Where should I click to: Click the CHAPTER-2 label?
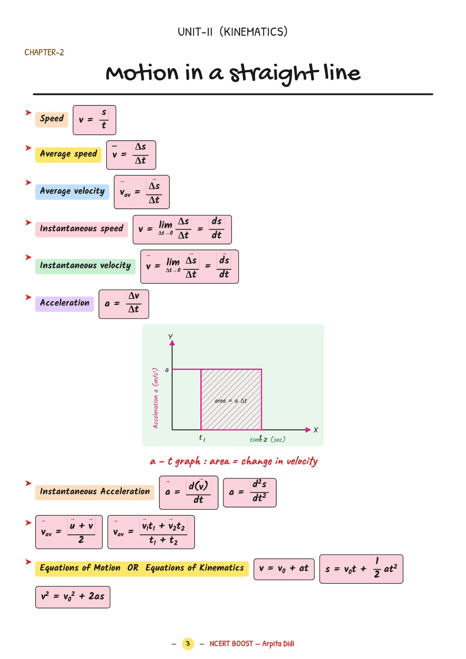pos(44,52)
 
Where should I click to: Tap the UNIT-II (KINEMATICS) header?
pos(233,32)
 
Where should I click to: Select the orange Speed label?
pos(52,119)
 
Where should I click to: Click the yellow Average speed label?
pos(68,154)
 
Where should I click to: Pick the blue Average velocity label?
pos(72,191)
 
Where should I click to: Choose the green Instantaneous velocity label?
pos(85,266)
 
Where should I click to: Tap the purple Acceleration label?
pos(65,303)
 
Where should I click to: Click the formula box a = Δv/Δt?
pos(124,304)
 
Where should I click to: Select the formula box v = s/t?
pos(94,120)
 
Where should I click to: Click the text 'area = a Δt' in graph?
pos(231,401)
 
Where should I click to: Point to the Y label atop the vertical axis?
pos(170,336)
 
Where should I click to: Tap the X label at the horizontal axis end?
pos(316,430)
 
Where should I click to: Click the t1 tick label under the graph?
pos(202,438)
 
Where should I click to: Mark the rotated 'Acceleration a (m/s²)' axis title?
pos(156,398)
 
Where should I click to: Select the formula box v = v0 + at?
pos(284,569)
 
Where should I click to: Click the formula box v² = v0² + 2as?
pos(73,597)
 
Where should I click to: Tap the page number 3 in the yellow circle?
pos(188,644)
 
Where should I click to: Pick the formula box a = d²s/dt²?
pos(249,493)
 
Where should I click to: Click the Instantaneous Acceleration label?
pos(95,492)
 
